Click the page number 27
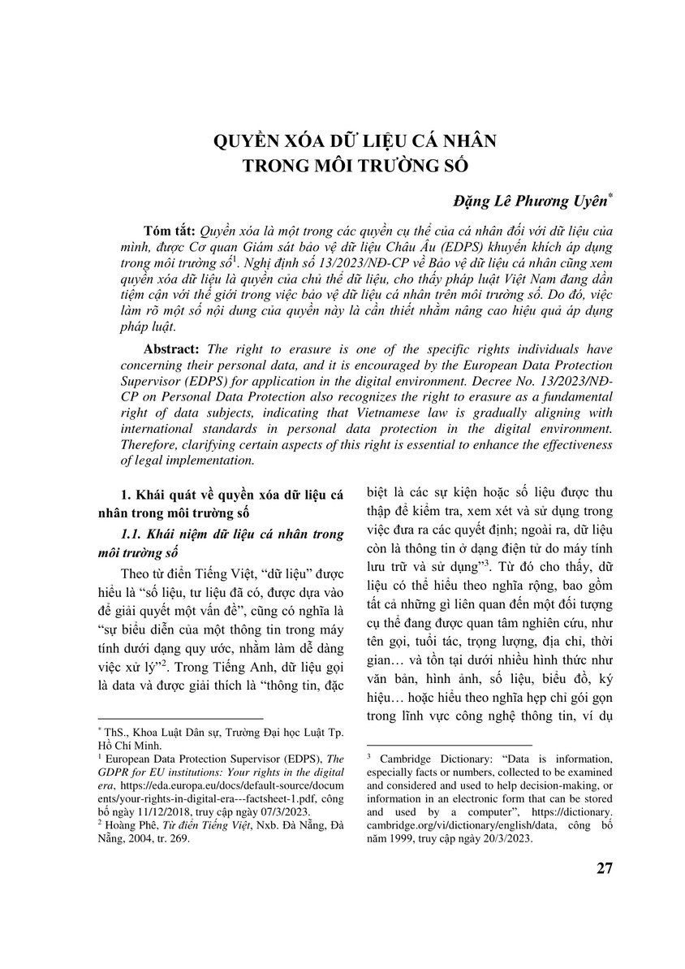603,868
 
